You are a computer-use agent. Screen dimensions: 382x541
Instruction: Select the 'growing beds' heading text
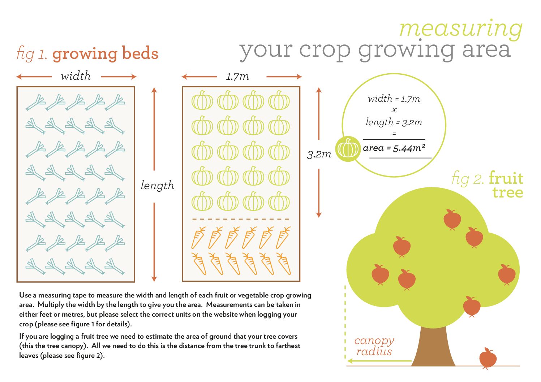click(x=105, y=54)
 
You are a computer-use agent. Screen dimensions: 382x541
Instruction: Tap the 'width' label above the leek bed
click(x=76, y=76)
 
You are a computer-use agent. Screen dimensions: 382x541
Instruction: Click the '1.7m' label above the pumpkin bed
click(x=237, y=76)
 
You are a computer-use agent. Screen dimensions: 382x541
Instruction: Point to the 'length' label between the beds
click(x=157, y=186)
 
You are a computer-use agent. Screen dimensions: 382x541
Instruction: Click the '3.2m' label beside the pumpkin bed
click(x=319, y=155)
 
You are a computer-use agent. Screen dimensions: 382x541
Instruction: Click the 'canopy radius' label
click(x=374, y=346)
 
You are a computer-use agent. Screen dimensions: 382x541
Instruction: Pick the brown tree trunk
click(x=433, y=347)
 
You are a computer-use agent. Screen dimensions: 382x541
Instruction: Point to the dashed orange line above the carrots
click(x=241, y=219)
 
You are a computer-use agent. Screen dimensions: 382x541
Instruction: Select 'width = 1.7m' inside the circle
click(x=394, y=99)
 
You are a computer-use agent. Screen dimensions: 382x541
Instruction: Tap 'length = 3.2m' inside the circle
click(x=394, y=122)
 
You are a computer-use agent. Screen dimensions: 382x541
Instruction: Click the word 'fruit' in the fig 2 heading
click(x=506, y=179)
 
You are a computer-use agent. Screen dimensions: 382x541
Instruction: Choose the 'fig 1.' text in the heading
click(x=32, y=54)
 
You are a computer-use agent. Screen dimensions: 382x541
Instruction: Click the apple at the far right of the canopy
click(x=507, y=274)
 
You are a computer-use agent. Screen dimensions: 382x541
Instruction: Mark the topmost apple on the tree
click(x=452, y=219)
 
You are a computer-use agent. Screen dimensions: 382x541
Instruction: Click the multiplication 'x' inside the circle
click(x=394, y=110)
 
